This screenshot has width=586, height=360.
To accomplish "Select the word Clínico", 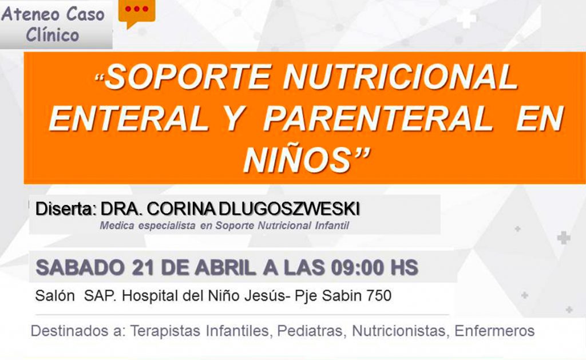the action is pos(52,35).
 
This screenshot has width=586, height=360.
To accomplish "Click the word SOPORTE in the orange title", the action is pos(187,77).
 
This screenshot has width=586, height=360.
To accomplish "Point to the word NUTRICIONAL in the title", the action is pos(400,77).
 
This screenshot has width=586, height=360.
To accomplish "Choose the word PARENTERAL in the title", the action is pos(378,118).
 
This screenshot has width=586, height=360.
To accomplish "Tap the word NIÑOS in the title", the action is pos(297,159).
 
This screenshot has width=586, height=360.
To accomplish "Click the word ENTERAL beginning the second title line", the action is pos(129,118).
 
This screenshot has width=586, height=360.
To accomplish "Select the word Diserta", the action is pos(66,209).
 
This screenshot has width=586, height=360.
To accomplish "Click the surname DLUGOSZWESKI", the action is pos(289,209).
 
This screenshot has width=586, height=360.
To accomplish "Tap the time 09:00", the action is pos(357,268).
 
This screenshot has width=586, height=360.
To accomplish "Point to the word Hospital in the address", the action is pos(150,296).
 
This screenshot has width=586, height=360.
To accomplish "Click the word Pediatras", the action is pos(310,331).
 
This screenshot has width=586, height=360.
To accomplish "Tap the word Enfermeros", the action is pos(494,331).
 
